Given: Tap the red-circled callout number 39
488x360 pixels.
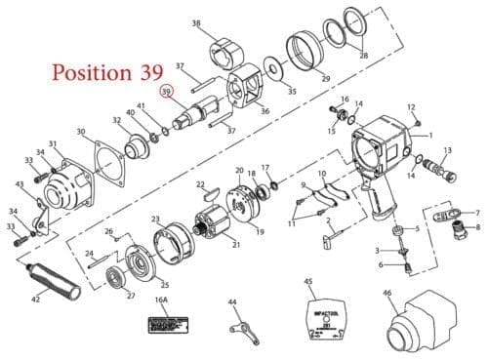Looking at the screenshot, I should (167, 93).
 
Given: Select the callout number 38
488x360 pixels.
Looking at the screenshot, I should (196, 22).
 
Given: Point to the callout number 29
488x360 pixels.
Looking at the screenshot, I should (326, 78).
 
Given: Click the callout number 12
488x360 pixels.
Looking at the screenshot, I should (411, 107).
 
